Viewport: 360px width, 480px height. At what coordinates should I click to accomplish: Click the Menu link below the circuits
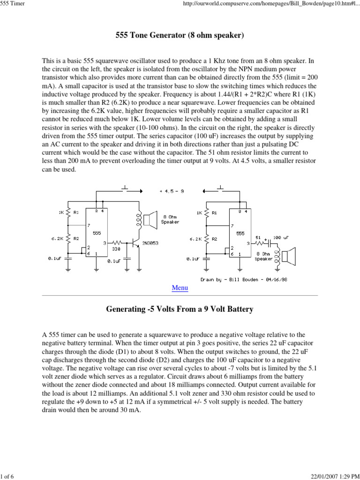click(180, 288)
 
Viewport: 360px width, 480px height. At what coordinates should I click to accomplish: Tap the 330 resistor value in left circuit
click(116, 249)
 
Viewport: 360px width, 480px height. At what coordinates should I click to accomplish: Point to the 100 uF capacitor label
click(280, 238)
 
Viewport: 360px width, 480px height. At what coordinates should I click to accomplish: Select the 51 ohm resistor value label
click(258, 238)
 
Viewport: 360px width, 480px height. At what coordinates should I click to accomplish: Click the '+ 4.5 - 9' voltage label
click(171, 191)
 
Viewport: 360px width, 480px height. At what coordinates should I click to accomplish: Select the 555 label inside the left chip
click(97, 232)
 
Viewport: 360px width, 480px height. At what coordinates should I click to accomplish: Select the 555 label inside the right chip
click(240, 232)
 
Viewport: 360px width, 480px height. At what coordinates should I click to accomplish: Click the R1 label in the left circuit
click(76, 212)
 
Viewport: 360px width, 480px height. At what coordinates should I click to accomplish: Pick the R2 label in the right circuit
click(215, 239)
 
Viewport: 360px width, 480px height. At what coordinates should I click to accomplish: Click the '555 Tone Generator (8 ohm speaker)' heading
click(180, 36)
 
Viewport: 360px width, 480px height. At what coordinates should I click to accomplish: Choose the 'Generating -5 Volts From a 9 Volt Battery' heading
click(180, 309)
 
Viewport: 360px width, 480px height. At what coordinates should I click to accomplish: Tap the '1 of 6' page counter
click(7, 476)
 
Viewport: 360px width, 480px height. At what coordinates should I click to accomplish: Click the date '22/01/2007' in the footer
click(324, 476)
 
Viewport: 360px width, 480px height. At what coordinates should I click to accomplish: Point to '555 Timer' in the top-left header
click(12, 4)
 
